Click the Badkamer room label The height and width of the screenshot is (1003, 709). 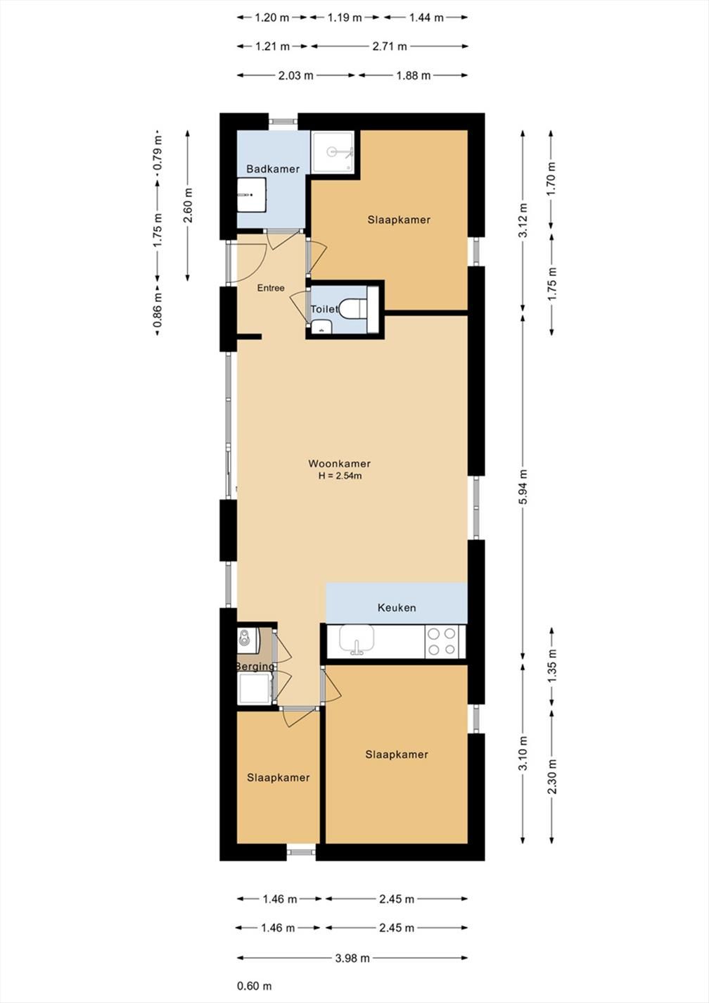click(x=273, y=169)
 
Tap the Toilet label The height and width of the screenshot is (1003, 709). click(x=325, y=309)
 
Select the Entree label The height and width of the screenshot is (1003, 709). click(x=271, y=288)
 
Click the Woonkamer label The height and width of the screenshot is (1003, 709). click(x=340, y=463)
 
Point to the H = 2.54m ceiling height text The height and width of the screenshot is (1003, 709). click(x=340, y=476)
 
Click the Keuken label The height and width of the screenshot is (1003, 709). click(x=397, y=607)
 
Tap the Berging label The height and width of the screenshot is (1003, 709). click(x=255, y=667)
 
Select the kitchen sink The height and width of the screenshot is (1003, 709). click(x=357, y=639)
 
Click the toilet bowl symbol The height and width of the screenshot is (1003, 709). click(x=353, y=308)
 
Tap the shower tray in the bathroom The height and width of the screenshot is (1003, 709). click(x=333, y=152)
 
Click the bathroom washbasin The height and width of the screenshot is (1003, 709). click(x=251, y=195)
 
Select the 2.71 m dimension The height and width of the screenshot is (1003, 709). click(x=390, y=46)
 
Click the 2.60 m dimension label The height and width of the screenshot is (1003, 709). click(x=189, y=205)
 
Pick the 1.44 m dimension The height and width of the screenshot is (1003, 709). click(x=426, y=18)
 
